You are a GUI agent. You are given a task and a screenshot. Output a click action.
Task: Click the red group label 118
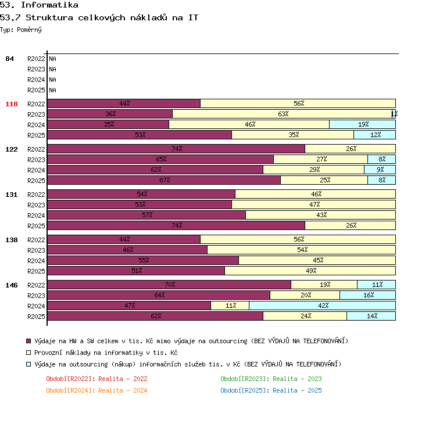[12, 104]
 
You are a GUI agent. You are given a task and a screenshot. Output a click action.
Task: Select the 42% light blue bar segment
[322, 306]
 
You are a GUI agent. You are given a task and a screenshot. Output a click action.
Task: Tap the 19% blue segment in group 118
[362, 124]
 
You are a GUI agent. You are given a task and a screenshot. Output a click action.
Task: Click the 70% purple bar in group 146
[169, 285]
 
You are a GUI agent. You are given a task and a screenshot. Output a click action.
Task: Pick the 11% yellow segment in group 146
[230, 306]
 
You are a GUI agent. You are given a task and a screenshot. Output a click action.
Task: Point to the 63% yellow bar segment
[282, 114]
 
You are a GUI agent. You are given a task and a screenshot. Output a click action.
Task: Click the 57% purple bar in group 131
[146, 215]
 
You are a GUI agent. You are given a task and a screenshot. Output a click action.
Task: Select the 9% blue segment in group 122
[380, 170]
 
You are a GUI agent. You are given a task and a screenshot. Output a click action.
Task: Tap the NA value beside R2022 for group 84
[52, 59]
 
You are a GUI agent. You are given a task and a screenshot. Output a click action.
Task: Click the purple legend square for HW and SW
[28, 341]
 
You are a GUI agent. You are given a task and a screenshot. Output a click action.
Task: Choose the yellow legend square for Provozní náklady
[28, 353]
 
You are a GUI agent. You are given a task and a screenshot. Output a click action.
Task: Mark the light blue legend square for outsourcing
[28, 364]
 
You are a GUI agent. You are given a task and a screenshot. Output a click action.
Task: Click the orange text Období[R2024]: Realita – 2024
[97, 390]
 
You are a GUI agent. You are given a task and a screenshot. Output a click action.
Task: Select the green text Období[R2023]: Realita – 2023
[271, 379]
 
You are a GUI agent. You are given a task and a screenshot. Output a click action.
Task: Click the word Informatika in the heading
[49, 5]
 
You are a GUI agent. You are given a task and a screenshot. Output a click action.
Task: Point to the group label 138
[12, 240]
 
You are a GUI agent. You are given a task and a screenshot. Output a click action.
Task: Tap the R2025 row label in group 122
[36, 181]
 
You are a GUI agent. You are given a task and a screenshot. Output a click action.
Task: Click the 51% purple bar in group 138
[136, 271]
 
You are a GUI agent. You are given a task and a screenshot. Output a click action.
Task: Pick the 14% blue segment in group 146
[371, 316]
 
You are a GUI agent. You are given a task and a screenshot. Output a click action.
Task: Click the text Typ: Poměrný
[21, 30]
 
